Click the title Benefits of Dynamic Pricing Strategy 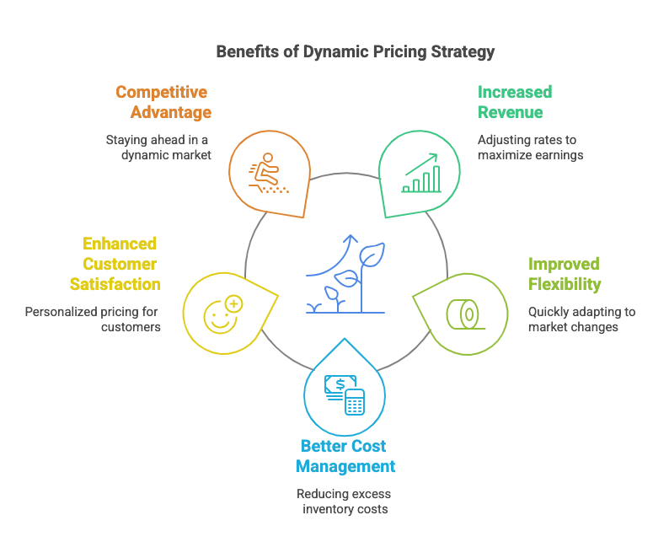pyautogui.click(x=355, y=51)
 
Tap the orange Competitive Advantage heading pyautogui.click(x=163, y=102)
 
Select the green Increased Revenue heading pyautogui.click(x=515, y=102)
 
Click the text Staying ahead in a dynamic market pyautogui.click(x=158, y=148)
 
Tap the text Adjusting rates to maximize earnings pyautogui.click(x=531, y=148)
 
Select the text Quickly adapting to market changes pyautogui.click(x=581, y=319)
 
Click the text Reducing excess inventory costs pyautogui.click(x=345, y=501)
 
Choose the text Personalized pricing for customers pyautogui.click(x=93, y=319)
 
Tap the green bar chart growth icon pyautogui.click(x=421, y=173)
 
